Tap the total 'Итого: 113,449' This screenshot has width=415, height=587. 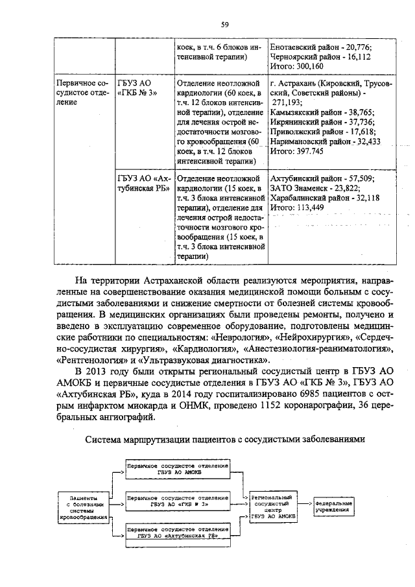tap(296, 208)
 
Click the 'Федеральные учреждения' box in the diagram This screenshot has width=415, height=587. tap(334, 506)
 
